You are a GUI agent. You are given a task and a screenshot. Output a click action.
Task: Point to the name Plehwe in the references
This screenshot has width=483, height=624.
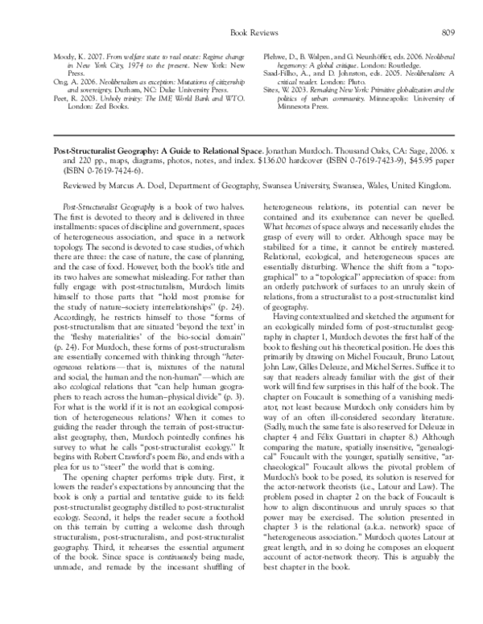pyautogui.click(x=276, y=57)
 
